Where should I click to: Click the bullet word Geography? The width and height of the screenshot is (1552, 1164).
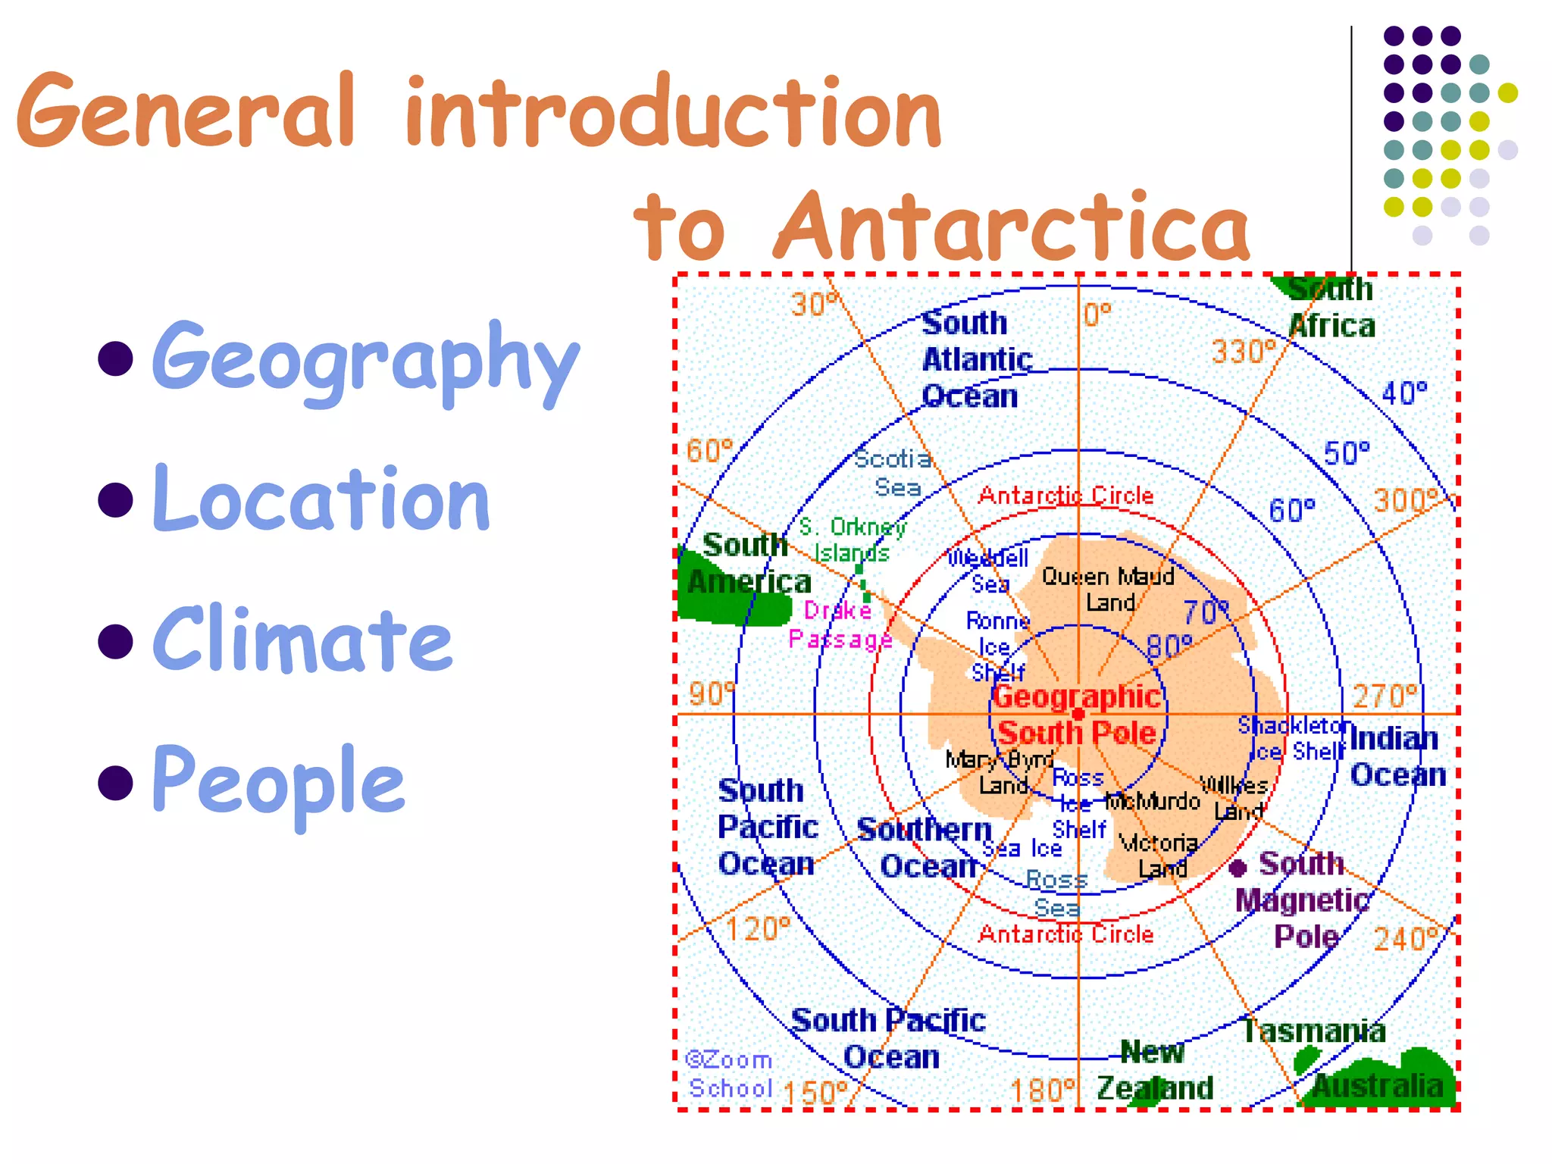pyautogui.click(x=365, y=360)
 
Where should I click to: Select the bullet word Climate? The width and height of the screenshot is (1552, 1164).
pyautogui.click(x=302, y=640)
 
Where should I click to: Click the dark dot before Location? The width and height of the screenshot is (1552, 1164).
pyautogui.click(x=116, y=499)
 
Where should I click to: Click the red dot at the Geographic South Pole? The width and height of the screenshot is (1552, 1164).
pyautogui.click(x=1078, y=715)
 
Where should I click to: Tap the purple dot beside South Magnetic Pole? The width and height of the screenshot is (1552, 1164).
pyautogui.click(x=1238, y=868)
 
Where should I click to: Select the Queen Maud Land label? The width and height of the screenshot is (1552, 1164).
pyautogui.click(x=1108, y=590)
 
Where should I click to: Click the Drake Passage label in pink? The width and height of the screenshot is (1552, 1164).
pyautogui.click(x=840, y=625)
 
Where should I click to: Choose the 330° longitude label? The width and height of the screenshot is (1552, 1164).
pyautogui.click(x=1244, y=352)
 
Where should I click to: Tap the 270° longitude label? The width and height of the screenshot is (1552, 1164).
pyautogui.click(x=1385, y=696)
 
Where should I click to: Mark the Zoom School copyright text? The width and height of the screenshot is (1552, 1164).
pyautogui.click(x=729, y=1074)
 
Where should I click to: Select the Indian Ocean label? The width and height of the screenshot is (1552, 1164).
pyautogui.click(x=1397, y=756)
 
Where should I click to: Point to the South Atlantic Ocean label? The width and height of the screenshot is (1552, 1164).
pyautogui.click(x=975, y=359)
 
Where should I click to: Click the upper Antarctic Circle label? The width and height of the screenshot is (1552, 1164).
pyautogui.click(x=1065, y=496)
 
